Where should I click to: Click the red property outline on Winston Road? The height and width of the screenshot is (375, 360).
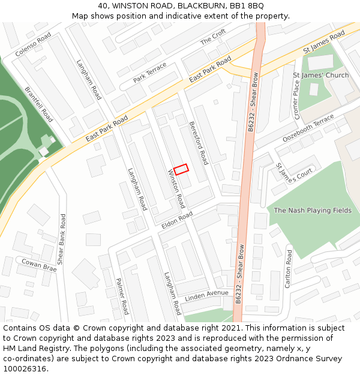tap(181, 169)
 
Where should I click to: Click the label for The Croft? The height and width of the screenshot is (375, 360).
tap(213, 37)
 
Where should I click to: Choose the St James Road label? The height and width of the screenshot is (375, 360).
tap(324, 42)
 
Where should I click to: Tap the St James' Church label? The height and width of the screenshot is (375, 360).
tap(320, 76)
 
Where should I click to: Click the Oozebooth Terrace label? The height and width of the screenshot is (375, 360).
tap(308, 129)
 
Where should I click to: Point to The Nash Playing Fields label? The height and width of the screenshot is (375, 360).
tap(313, 211)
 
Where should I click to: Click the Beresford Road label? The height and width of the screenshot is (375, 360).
tap(198, 142)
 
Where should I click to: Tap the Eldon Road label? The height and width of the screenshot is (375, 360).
tap(177, 220)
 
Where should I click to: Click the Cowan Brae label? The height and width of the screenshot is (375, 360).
tap(39, 265)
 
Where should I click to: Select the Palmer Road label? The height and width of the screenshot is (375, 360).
tap(122, 296)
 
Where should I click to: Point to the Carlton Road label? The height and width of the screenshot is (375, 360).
tap(289, 268)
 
